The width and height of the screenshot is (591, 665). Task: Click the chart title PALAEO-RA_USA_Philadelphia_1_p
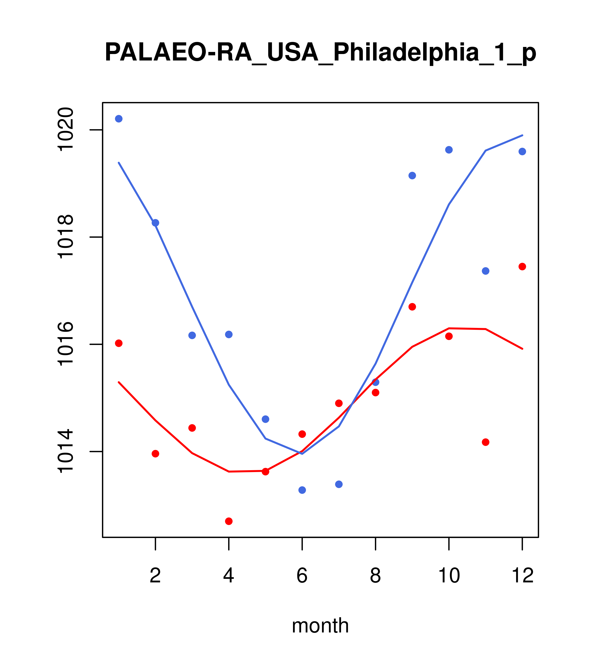(320, 53)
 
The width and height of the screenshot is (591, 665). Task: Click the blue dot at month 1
(119, 119)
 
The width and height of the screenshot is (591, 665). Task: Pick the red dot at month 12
(522, 266)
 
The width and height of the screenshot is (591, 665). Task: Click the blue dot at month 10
(449, 150)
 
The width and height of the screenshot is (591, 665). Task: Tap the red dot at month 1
(119, 343)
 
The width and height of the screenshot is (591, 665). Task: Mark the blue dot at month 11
(486, 271)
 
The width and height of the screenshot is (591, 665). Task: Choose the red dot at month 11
(486, 442)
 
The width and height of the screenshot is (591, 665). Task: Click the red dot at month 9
(412, 307)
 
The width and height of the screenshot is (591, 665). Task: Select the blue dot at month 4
(229, 334)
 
